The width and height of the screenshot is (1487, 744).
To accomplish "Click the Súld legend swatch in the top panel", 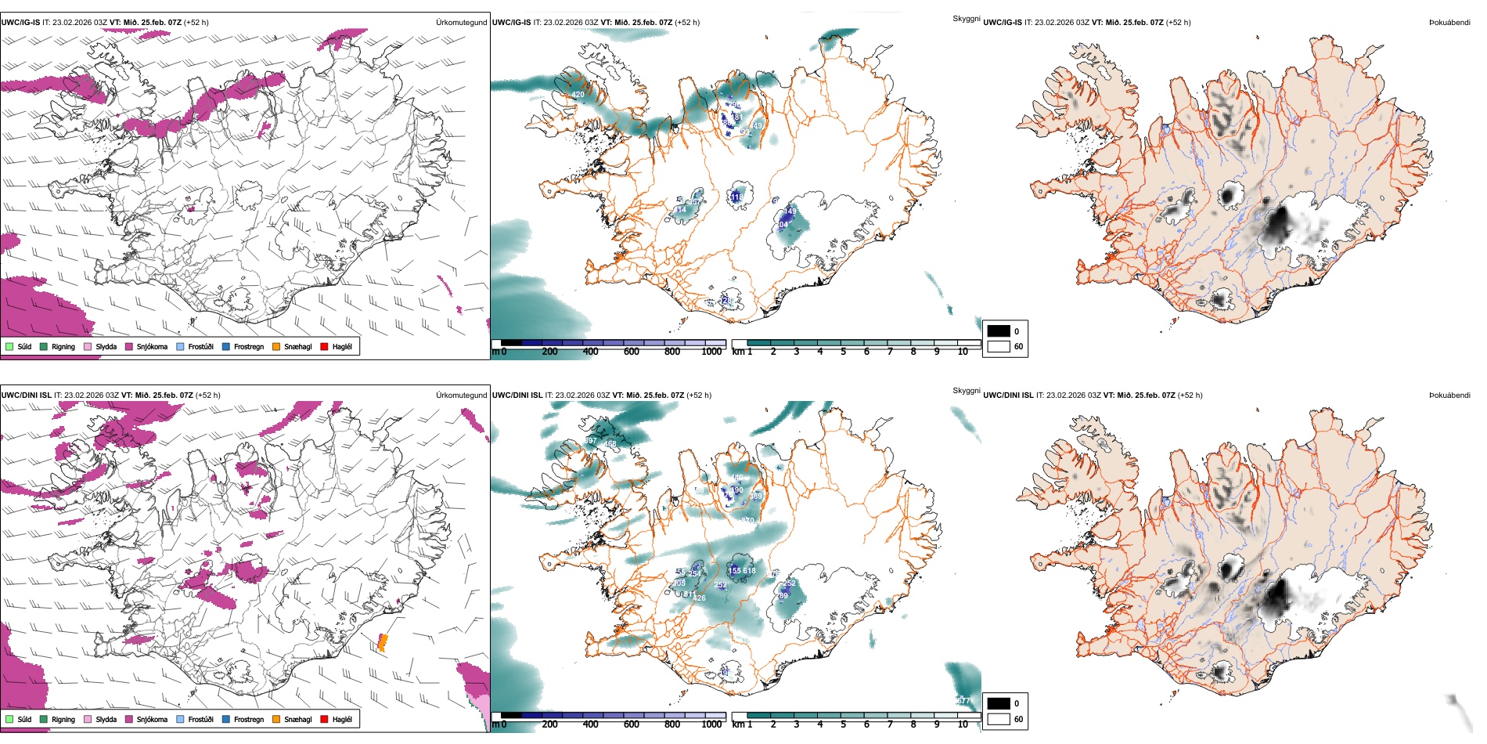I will point(9,346).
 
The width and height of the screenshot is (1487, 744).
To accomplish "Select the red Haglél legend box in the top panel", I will point(324,346).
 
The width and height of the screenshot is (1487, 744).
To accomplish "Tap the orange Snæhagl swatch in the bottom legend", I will point(276,719).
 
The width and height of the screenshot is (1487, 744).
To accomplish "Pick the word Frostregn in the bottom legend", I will point(248,719).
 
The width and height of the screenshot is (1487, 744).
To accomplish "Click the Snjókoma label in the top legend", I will point(152,346).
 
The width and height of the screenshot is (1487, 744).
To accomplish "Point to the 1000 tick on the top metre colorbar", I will point(711,352).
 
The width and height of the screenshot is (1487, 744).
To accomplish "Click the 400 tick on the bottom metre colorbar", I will point(590,724).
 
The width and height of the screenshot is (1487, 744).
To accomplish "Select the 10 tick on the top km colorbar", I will point(963,352).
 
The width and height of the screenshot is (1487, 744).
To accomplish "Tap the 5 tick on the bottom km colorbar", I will point(843,724).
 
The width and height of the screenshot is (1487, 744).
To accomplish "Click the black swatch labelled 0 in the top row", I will point(999,331).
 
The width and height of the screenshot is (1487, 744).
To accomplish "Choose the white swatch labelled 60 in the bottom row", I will point(999,719).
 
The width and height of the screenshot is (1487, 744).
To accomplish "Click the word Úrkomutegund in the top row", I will point(461,23).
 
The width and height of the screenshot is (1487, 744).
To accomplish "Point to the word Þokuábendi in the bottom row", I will point(1449,395).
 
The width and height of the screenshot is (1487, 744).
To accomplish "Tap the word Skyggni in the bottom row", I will point(966,390).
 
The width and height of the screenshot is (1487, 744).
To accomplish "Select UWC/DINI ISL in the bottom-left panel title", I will point(26,395).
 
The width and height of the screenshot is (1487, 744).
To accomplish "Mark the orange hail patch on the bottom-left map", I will point(383,643).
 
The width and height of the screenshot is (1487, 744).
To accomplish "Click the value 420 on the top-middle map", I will point(578,95).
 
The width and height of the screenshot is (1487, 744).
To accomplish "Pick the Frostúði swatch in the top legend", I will point(180,346).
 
